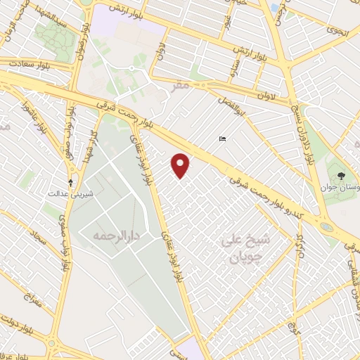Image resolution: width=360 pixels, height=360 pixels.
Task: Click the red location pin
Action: pos(181,165)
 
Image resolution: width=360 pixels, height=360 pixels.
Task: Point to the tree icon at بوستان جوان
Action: pos(341,175)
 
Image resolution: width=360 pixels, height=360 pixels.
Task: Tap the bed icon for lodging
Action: pos(223,139)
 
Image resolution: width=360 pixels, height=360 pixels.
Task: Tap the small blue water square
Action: pos(274,8)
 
